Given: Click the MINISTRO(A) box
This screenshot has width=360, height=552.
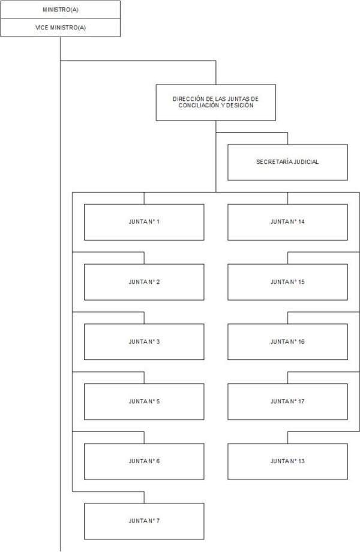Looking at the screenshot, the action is [60, 10].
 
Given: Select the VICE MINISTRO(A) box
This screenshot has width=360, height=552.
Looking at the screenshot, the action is [60, 28].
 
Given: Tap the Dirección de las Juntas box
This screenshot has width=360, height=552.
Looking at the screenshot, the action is [216, 103].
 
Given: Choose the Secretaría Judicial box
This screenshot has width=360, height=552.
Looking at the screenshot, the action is [287, 162].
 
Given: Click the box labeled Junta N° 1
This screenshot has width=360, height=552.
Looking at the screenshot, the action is [144, 222].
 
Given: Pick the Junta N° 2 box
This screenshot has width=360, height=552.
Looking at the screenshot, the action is [144, 282].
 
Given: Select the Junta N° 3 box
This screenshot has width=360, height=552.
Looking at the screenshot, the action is [144, 342].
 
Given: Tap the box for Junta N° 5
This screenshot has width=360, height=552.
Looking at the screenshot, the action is [144, 401].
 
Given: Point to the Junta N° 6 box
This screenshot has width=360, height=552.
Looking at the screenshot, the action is [144, 461].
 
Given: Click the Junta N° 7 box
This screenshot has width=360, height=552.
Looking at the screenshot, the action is [144, 521].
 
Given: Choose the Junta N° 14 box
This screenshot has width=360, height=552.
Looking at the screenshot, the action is [287, 222].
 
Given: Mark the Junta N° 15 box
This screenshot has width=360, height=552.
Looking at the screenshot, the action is [287, 282].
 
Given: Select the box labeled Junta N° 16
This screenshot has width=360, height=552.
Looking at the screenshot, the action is [287, 342].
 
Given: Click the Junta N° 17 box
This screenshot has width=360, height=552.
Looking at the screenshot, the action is [287, 401].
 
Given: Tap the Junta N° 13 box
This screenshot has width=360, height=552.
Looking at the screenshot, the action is [287, 461].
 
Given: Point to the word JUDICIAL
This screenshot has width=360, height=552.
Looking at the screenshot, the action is [306, 162].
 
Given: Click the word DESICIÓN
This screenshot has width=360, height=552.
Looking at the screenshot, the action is [239, 105].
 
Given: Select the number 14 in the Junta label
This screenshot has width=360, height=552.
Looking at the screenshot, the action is [301, 222].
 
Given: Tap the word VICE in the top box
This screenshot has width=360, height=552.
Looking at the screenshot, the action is [41, 28].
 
